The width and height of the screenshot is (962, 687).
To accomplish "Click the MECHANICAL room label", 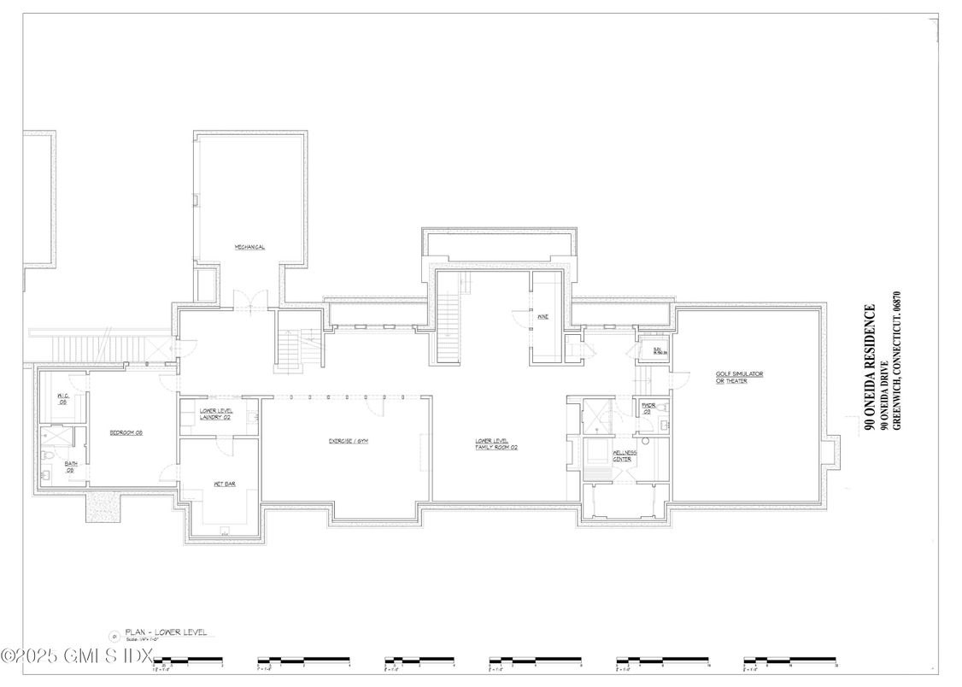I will [249, 248].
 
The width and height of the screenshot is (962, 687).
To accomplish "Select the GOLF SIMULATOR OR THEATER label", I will [731, 377].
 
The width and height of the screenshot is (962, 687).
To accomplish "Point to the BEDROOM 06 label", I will [126, 433].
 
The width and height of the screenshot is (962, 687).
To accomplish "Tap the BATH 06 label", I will [71, 467].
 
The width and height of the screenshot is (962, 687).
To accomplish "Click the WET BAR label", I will [224, 484].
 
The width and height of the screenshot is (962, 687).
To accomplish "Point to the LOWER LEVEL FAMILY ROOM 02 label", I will [497, 444].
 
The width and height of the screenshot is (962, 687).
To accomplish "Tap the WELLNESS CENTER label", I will [622, 457].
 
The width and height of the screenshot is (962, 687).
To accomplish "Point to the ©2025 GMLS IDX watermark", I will [77, 656].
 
